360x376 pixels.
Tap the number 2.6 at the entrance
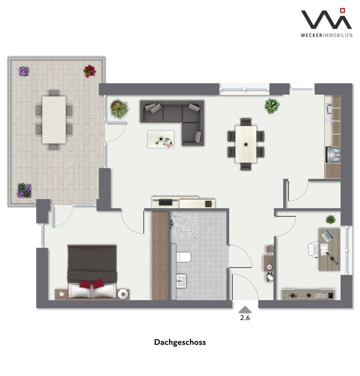(x=245, y=318)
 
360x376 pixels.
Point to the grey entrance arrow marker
(x=245, y=310)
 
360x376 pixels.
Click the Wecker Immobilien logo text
(x=327, y=35)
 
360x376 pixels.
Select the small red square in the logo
(x=343, y=10)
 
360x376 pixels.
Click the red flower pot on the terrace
(x=90, y=71)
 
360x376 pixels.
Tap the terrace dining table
(x=54, y=120)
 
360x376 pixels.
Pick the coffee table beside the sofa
(x=161, y=139)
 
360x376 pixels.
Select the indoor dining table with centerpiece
(x=246, y=144)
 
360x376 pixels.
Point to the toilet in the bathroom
(x=183, y=257)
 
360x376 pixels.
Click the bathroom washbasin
(x=181, y=281)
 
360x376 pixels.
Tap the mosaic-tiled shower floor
(x=184, y=225)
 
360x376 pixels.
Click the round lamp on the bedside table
(x=123, y=294)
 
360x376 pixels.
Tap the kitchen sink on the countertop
(x=329, y=111)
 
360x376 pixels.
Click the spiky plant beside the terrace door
(x=119, y=109)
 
